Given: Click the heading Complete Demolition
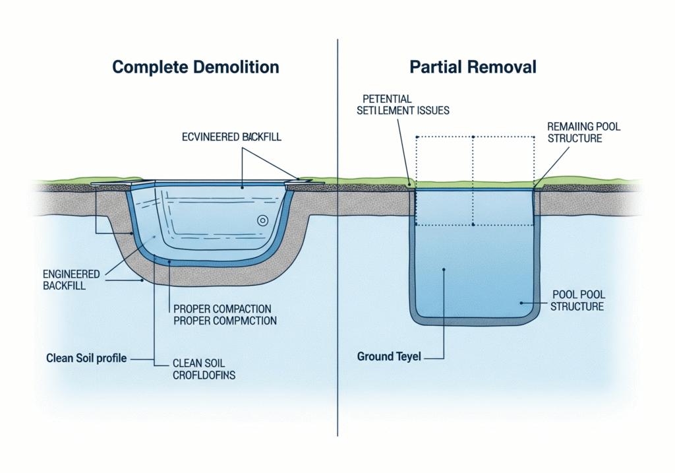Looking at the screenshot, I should click(x=195, y=67).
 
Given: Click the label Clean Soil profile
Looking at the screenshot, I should click(x=86, y=359).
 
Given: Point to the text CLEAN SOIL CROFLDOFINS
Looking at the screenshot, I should click(x=204, y=369).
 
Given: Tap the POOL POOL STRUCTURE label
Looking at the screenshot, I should click(x=577, y=301).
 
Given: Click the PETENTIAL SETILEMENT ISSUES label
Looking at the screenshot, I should click(x=403, y=105).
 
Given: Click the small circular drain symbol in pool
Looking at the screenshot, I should click(x=262, y=221).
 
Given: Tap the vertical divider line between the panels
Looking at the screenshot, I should click(x=337, y=237).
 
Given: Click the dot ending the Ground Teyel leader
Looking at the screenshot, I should click(x=445, y=269).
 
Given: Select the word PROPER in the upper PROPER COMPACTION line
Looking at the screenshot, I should click(x=192, y=308).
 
